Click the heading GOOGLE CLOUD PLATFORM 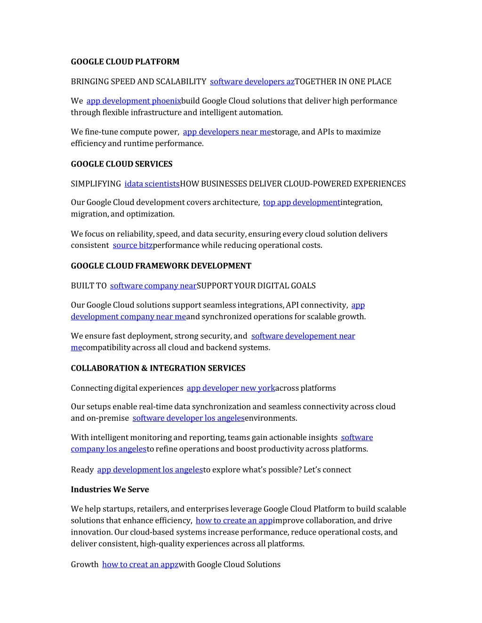click(x=125, y=62)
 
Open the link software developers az click(x=252, y=82)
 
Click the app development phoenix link click(x=134, y=101)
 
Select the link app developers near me click(x=226, y=132)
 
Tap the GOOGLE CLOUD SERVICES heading click(x=121, y=164)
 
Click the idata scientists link click(x=152, y=184)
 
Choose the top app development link click(x=301, y=203)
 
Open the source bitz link click(x=132, y=245)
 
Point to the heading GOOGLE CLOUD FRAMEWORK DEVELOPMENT click(x=161, y=266)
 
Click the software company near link click(x=153, y=286)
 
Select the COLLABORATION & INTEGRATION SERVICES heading click(x=158, y=368)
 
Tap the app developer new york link click(x=231, y=388)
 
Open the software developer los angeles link click(x=188, y=418)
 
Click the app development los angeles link click(x=150, y=470)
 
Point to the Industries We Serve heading click(x=110, y=489)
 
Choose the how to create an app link click(x=234, y=520)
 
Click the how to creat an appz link click(x=140, y=565)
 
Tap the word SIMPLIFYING click(x=96, y=184)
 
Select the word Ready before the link click(x=82, y=470)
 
